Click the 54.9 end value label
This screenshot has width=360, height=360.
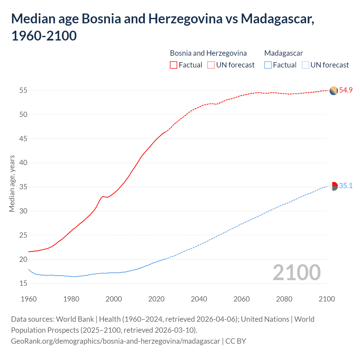pyautogui.click(x=346, y=90)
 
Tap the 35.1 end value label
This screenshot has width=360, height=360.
pyautogui.click(x=346, y=186)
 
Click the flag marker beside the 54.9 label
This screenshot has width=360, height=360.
pyautogui.click(x=334, y=91)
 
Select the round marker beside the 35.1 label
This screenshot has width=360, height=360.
pyautogui.click(x=334, y=186)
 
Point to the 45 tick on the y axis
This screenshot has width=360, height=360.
pyautogui.click(x=23, y=139)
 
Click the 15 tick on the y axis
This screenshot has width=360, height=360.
pyautogui.click(x=23, y=283)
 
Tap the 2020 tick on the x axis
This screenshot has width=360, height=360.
pyautogui.click(x=156, y=299)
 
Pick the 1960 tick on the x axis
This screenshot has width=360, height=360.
pyautogui.click(x=29, y=299)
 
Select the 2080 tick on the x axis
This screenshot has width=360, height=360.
pyautogui.click(x=284, y=299)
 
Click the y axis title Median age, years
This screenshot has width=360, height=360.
pyautogui.click(x=12, y=183)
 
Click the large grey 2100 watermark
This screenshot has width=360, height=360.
pyautogui.click(x=296, y=273)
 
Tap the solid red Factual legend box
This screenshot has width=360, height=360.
pyautogui.click(x=174, y=65)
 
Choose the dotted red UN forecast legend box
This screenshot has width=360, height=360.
pyautogui.click(x=211, y=65)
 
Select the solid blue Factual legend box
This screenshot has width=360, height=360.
pyautogui.click(x=268, y=65)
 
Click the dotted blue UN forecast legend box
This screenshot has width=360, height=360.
pyautogui.click(x=305, y=65)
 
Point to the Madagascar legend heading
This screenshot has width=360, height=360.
pyautogui.click(x=283, y=53)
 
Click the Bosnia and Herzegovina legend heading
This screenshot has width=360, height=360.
pyautogui.click(x=208, y=53)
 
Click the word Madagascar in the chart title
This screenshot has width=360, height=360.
pyautogui.click(x=277, y=19)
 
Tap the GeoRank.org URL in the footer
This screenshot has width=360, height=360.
pyautogui.click(x=115, y=341)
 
